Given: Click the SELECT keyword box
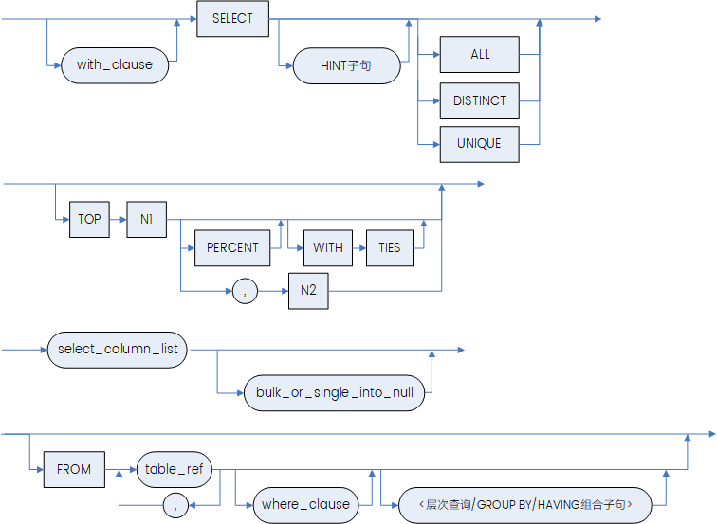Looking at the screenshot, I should [x=232, y=19].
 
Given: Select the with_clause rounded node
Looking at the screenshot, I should [x=115, y=66].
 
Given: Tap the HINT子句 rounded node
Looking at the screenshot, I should [x=346, y=66].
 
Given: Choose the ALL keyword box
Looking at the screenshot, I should [x=480, y=55].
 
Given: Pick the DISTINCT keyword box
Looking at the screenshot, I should [x=480, y=100].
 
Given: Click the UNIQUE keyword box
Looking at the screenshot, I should [x=480, y=144].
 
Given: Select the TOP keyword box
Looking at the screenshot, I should [x=89, y=219].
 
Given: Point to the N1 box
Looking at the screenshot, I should [x=147, y=219].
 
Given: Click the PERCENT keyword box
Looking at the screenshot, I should [x=232, y=247].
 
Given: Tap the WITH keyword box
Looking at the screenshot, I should [x=328, y=247].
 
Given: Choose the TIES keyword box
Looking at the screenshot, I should [x=390, y=247].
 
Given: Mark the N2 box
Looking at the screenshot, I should [x=308, y=291].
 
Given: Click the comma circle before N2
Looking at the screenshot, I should [x=246, y=292].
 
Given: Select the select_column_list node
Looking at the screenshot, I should [x=118, y=350].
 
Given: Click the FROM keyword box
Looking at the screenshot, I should [x=74, y=469].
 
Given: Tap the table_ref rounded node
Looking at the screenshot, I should [x=175, y=468].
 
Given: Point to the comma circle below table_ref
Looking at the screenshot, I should [x=175, y=506].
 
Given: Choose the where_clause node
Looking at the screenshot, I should [x=305, y=504].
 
